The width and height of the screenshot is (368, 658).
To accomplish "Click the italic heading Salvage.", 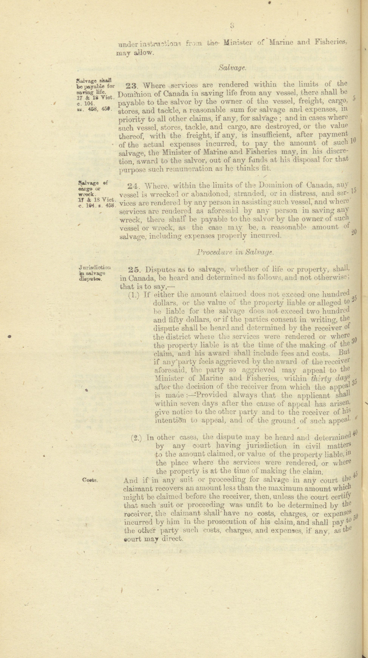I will click(232, 68).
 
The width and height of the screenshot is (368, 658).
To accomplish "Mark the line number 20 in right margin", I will click(354, 232).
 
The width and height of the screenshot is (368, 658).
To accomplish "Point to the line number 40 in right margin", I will click(355, 432).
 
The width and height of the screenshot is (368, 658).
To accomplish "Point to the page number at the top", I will click(232, 25).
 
